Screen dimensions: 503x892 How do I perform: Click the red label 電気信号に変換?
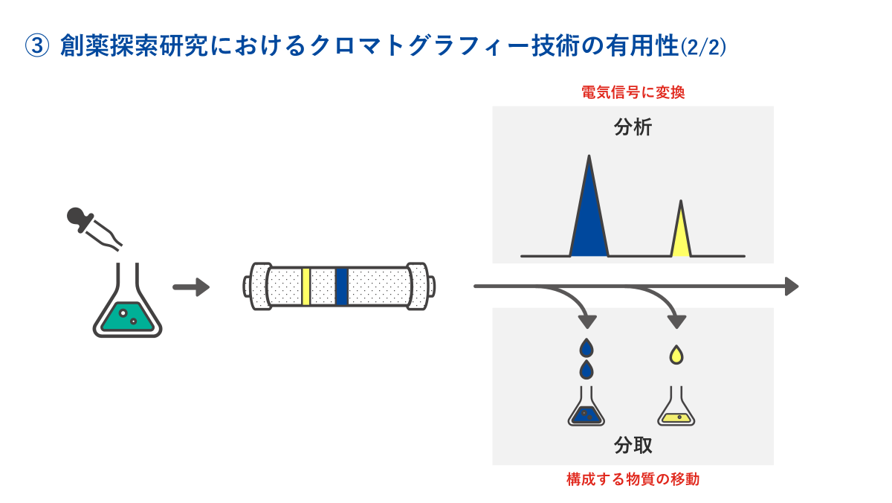pyautogui.click(x=633, y=93)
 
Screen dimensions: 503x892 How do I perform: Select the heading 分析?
pyautogui.click(x=633, y=127)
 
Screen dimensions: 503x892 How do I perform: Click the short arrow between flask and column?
pyautogui.click(x=191, y=287)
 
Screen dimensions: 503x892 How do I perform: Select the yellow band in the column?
pyautogui.click(x=306, y=286)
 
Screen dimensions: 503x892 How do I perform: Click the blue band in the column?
pyautogui.click(x=342, y=286)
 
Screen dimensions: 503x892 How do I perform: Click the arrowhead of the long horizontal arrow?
pyautogui.click(x=792, y=286)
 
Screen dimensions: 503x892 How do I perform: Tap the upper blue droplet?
pyautogui.click(x=587, y=347)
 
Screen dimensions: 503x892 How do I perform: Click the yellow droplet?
pyautogui.click(x=676, y=355)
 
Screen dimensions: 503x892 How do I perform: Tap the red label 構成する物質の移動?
pyautogui.click(x=633, y=479)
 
